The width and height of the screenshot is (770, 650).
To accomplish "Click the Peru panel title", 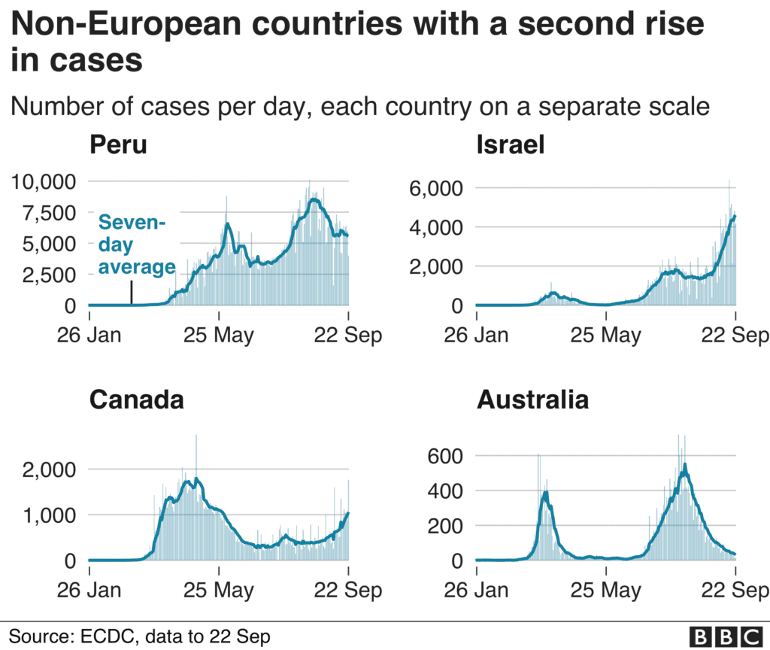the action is coord(118,145).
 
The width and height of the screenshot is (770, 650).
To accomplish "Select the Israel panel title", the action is coord(511,145).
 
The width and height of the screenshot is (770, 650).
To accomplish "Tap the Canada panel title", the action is coord(137,399).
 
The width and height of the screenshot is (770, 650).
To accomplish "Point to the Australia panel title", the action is coord(533,399).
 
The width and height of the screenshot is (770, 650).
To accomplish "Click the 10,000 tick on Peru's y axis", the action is coord(44,182).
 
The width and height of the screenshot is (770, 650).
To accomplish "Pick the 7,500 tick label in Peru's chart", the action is coord(49,213).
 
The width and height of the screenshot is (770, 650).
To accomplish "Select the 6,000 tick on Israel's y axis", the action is coord(436,188).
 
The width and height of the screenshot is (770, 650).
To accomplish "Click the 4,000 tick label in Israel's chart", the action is coord(436,227).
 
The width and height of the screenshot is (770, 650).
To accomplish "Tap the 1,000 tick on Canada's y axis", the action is coord(49,515).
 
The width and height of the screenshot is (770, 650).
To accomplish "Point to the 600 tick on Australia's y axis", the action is coord(445,456).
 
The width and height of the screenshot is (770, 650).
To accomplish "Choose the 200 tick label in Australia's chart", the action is coord(445,526).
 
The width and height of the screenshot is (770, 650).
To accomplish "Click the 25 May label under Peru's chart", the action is coord(219,336).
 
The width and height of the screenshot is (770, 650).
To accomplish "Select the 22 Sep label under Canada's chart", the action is coord(347,590).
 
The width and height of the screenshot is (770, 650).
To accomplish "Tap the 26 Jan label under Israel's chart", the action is coord(476,335).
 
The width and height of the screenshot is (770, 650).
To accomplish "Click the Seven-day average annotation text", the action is coord(137,245).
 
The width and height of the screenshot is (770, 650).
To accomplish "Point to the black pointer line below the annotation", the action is coord(131,293).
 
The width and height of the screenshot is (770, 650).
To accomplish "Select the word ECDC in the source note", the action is coord(107,636).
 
